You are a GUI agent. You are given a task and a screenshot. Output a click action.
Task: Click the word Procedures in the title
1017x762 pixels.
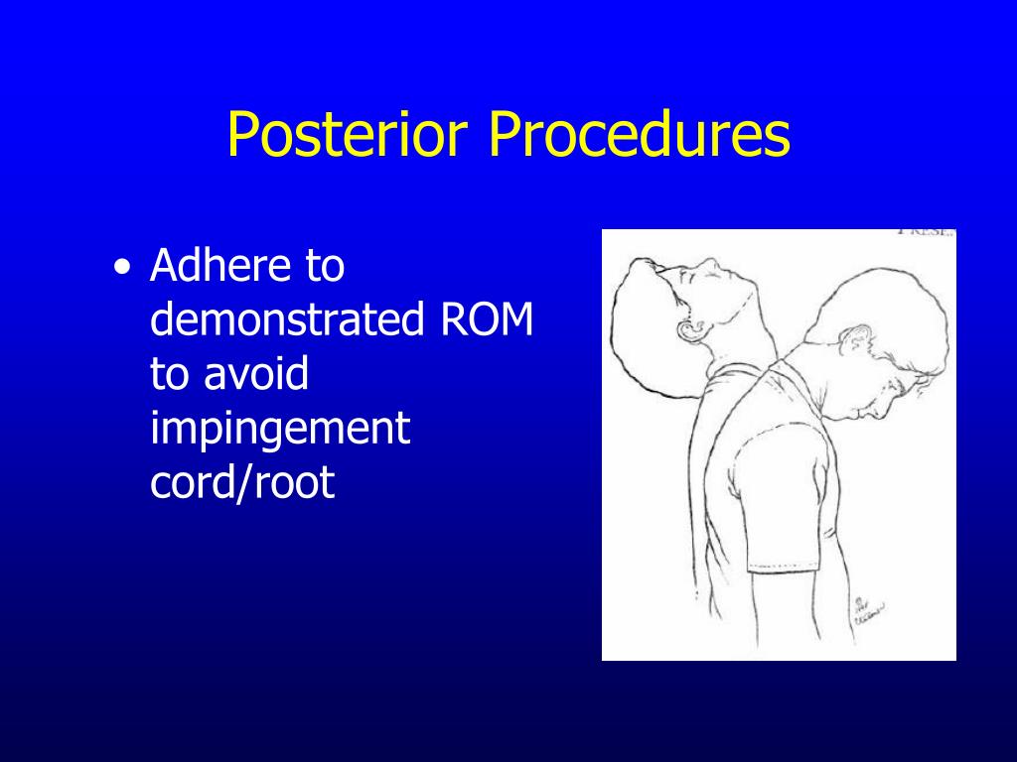point(639,136)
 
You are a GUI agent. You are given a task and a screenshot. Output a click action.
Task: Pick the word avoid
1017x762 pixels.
point(257,375)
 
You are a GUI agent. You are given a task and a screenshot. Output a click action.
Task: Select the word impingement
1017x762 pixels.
point(280,430)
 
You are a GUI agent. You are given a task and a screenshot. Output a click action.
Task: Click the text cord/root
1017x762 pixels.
point(242,483)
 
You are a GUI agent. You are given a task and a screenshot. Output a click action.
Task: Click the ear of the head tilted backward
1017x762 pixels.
point(688,329)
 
